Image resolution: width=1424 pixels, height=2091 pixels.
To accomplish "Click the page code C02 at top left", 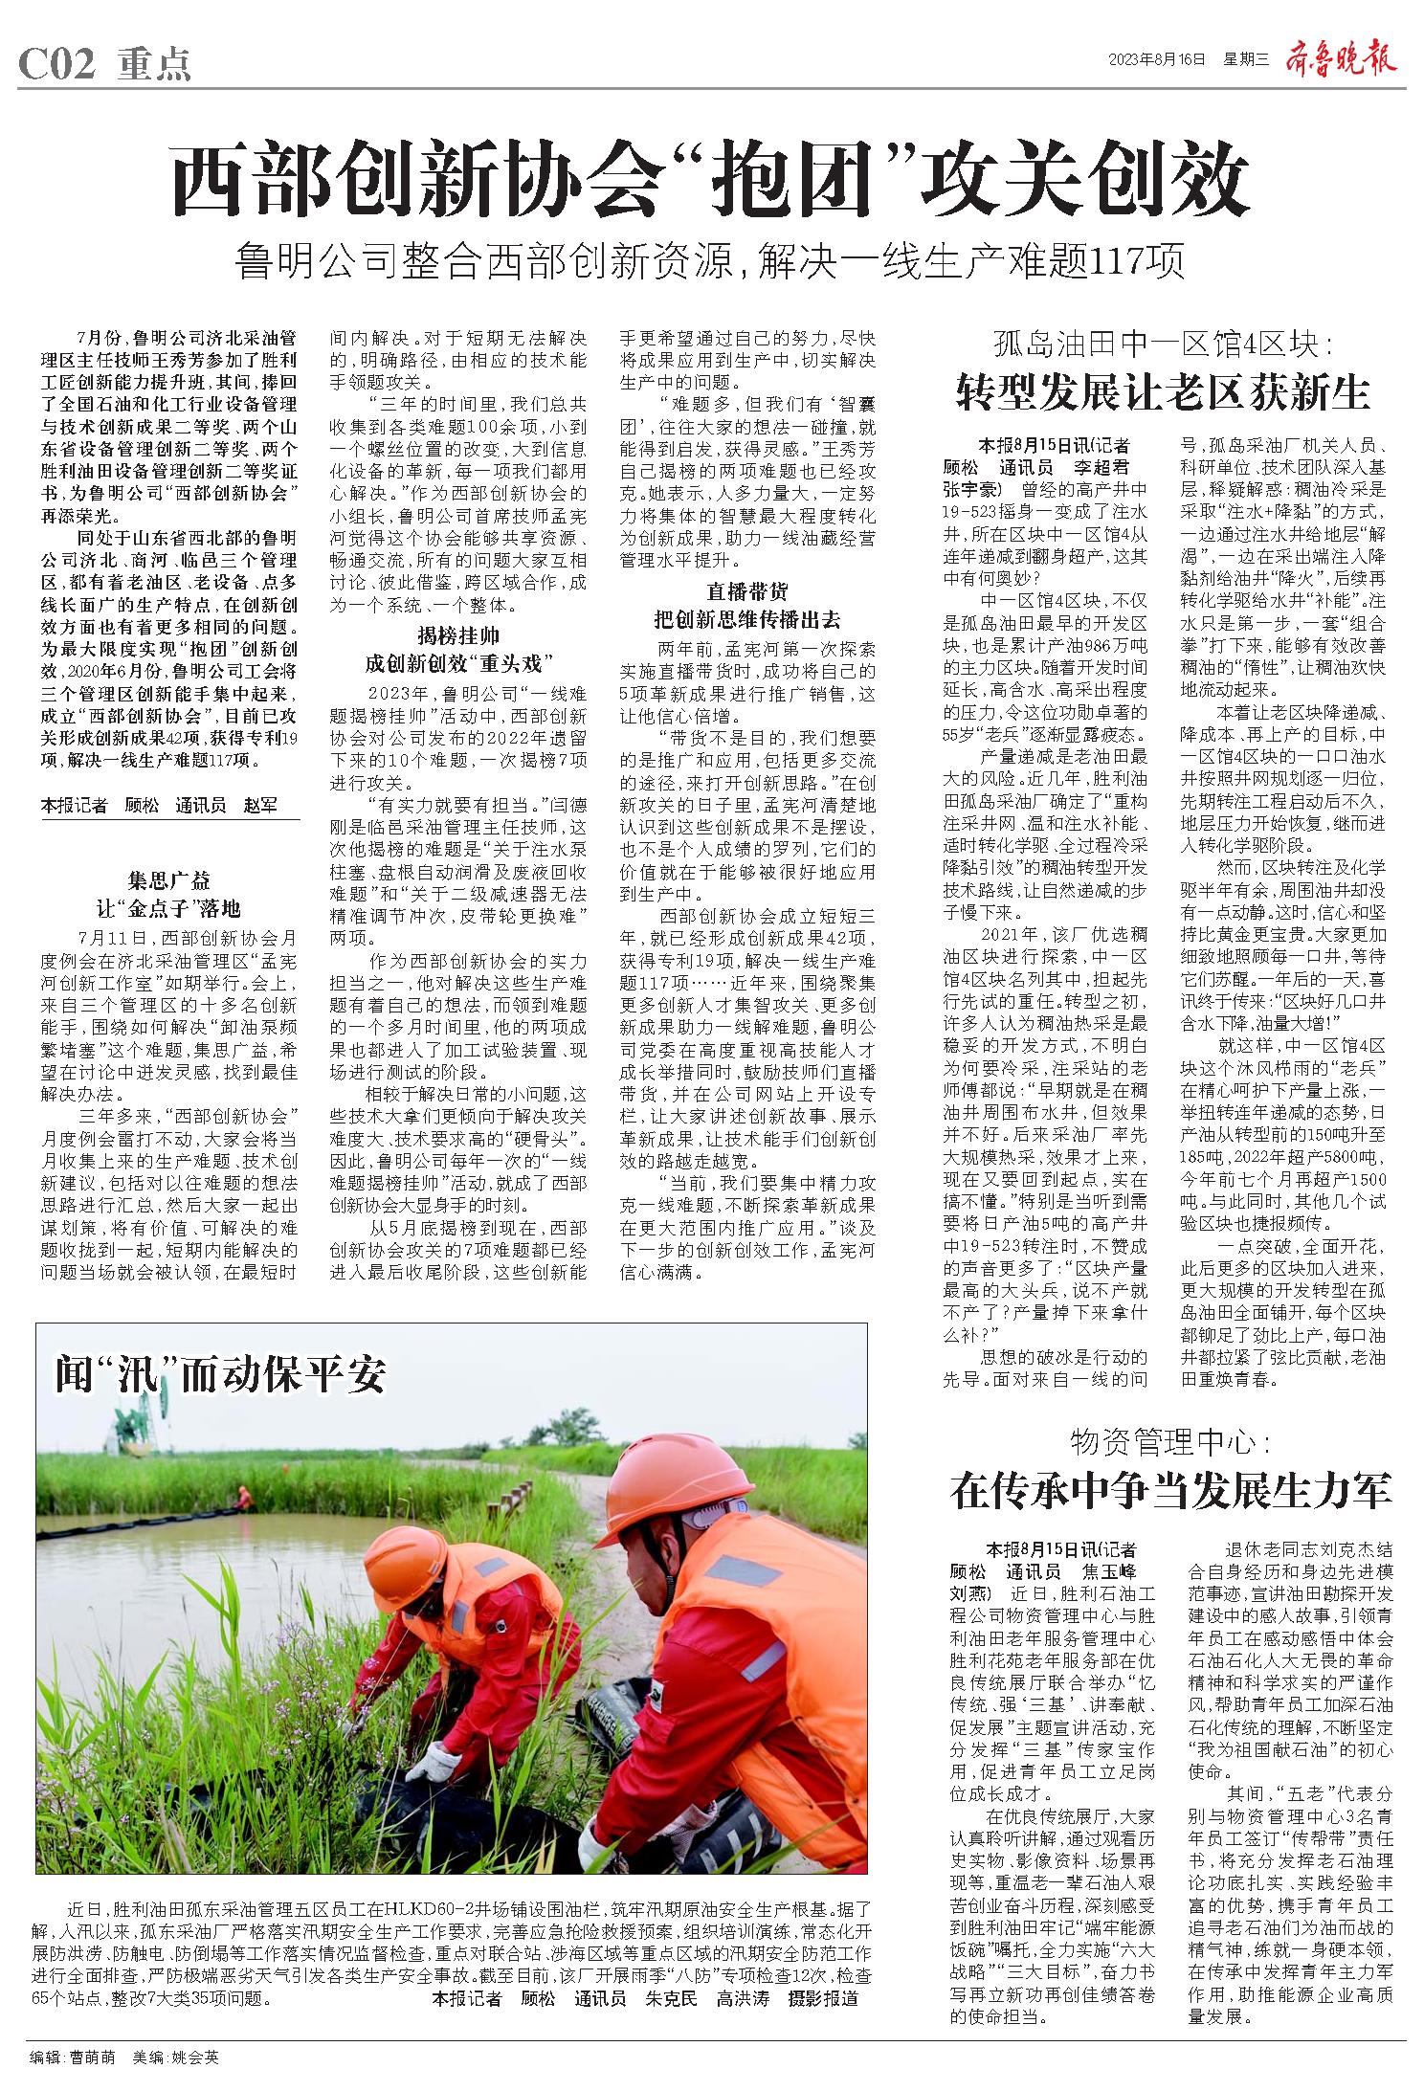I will click(57, 64).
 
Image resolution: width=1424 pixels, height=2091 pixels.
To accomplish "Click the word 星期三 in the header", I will click(1245, 59).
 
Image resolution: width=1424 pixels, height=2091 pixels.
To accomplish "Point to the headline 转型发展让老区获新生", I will click(1165, 392).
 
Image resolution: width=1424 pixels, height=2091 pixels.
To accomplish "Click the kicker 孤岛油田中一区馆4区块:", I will click(1164, 344).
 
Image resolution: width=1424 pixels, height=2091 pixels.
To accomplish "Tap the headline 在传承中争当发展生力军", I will click(1170, 1490).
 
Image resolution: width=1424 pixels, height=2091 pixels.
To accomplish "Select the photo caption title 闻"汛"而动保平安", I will click(221, 1375).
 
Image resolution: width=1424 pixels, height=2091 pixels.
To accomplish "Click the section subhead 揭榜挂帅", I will click(458, 635).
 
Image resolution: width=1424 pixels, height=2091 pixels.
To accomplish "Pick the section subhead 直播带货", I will click(747, 590).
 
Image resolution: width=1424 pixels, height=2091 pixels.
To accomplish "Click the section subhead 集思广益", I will click(169, 881).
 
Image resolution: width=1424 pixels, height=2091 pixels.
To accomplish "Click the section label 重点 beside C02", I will click(154, 64).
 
